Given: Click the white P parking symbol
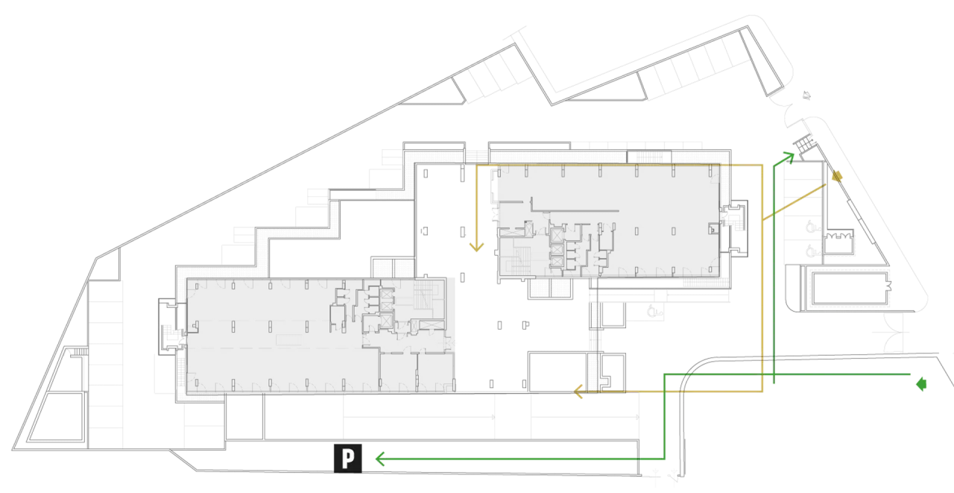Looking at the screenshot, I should coord(348,458).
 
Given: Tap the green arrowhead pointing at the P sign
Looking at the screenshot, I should coord(379,458).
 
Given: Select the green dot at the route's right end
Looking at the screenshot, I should coord(923,384).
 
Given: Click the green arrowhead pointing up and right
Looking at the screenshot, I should coord(789,156).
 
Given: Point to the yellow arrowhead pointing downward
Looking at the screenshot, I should coord(476,247).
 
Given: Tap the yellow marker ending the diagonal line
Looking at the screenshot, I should coord(837,178).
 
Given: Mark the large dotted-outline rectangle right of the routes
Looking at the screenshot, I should coord(850,288).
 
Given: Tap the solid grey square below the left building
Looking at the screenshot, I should coord(200,426).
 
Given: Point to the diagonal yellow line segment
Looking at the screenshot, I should coord(797,198).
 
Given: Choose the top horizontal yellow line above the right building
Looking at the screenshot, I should coord(619,164).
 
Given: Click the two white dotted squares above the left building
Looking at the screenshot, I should coord(393,268).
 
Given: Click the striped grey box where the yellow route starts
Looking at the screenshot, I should coord(476,156).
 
